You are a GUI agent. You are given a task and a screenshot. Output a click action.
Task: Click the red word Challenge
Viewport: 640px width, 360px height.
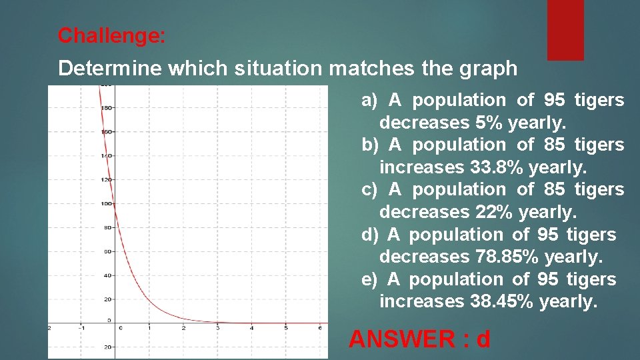(111, 35)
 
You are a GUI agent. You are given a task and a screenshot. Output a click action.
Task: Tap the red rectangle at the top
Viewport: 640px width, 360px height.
(565, 29)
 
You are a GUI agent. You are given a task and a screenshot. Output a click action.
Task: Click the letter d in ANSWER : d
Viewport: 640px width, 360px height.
(482, 339)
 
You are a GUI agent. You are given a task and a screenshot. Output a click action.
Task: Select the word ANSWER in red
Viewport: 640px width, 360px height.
(401, 339)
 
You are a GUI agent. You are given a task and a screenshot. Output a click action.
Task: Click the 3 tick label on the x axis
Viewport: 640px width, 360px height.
(217, 328)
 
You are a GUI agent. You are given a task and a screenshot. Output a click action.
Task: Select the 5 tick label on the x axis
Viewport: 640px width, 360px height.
(285, 328)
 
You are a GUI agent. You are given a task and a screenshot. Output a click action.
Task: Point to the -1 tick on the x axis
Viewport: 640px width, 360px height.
(81, 328)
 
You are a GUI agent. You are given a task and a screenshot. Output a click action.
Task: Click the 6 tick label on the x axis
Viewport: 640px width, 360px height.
(320, 328)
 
